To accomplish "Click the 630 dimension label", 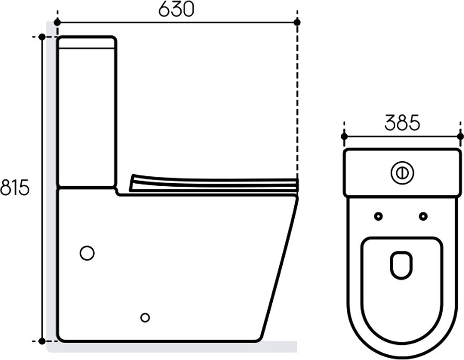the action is click(176, 9).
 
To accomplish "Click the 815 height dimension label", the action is click(15, 187).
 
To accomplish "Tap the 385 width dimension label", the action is click(402, 122).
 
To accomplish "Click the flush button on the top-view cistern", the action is click(402, 173).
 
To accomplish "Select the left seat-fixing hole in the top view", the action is click(378, 216).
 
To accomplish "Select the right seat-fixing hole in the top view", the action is click(423, 216).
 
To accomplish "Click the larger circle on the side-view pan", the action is click(87, 253).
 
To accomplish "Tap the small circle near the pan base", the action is click(145, 317).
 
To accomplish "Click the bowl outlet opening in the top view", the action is click(402, 265).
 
